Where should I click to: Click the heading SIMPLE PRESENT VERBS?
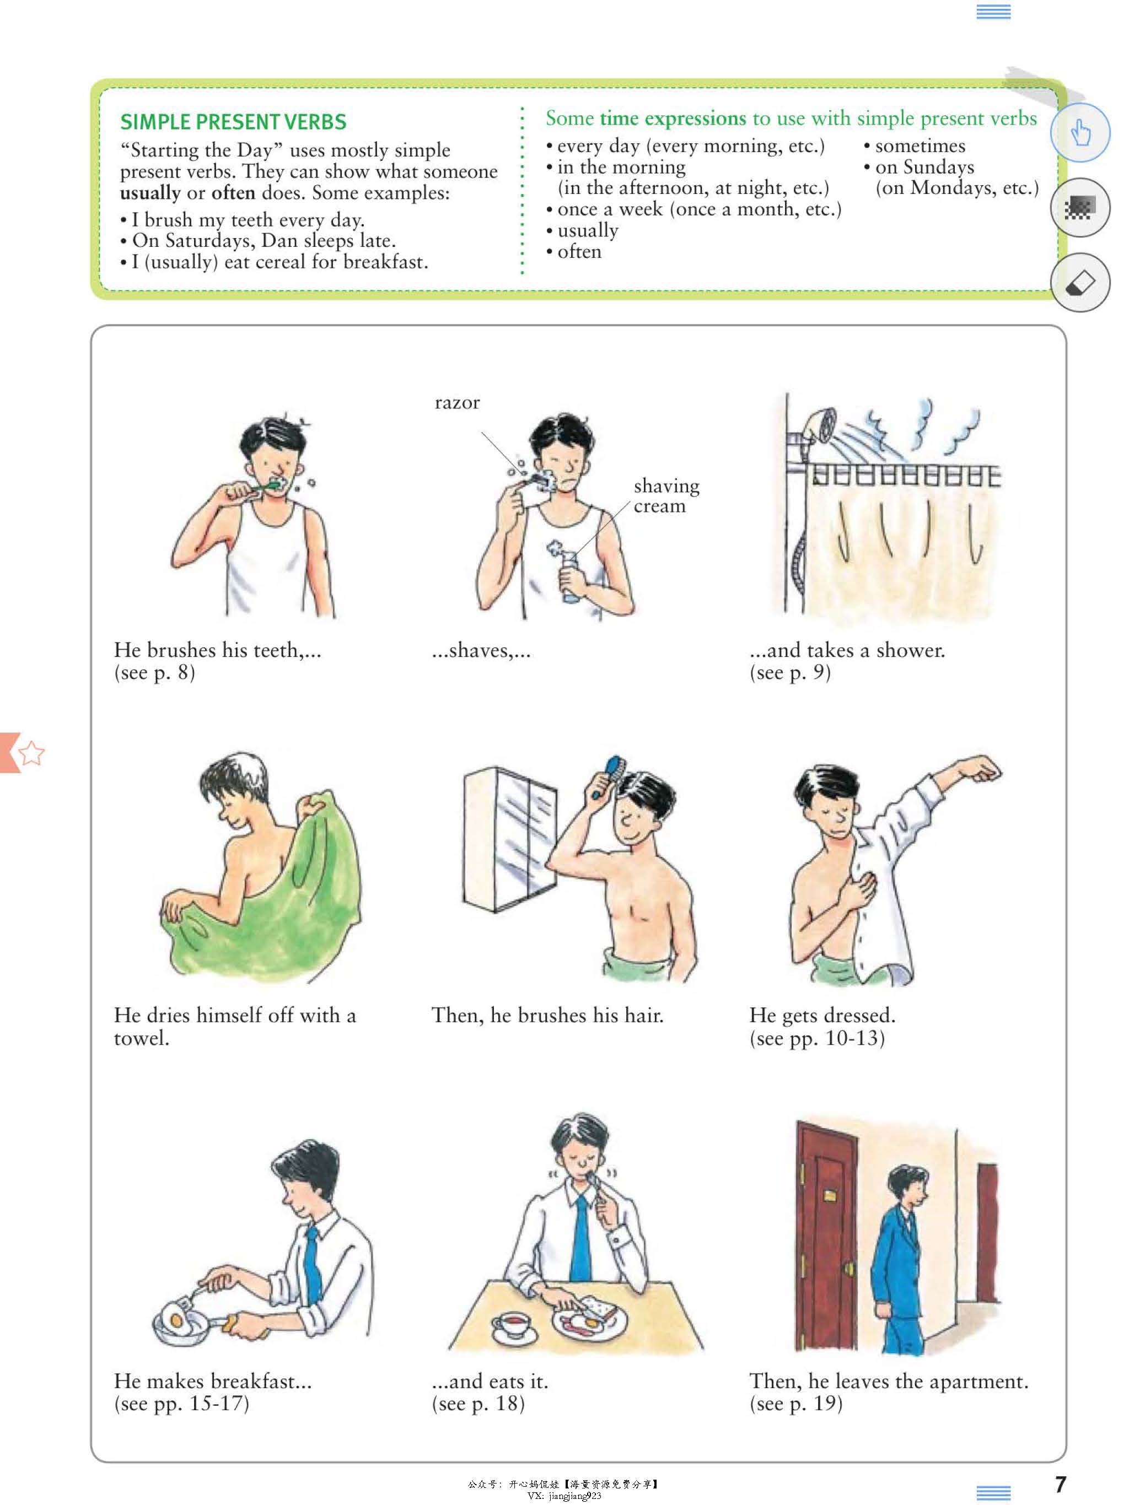233,122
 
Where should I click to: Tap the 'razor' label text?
458,403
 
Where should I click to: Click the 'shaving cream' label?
666,495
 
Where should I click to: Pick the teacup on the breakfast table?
510,1325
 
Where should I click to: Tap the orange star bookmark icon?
31,753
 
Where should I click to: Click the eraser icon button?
1080,282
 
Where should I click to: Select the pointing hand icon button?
1080,132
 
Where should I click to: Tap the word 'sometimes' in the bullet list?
920,145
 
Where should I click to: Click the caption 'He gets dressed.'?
822,1015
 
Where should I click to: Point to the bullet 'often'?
579,252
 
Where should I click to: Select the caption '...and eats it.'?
490,1381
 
